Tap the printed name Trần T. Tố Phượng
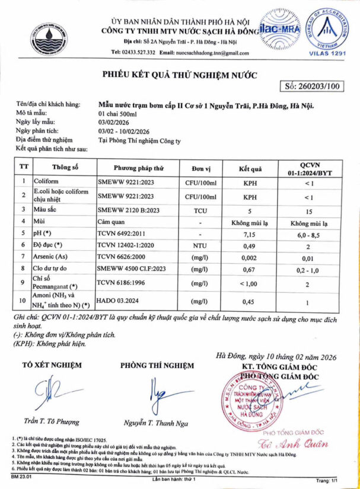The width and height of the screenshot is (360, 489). [x=52, y=421]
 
